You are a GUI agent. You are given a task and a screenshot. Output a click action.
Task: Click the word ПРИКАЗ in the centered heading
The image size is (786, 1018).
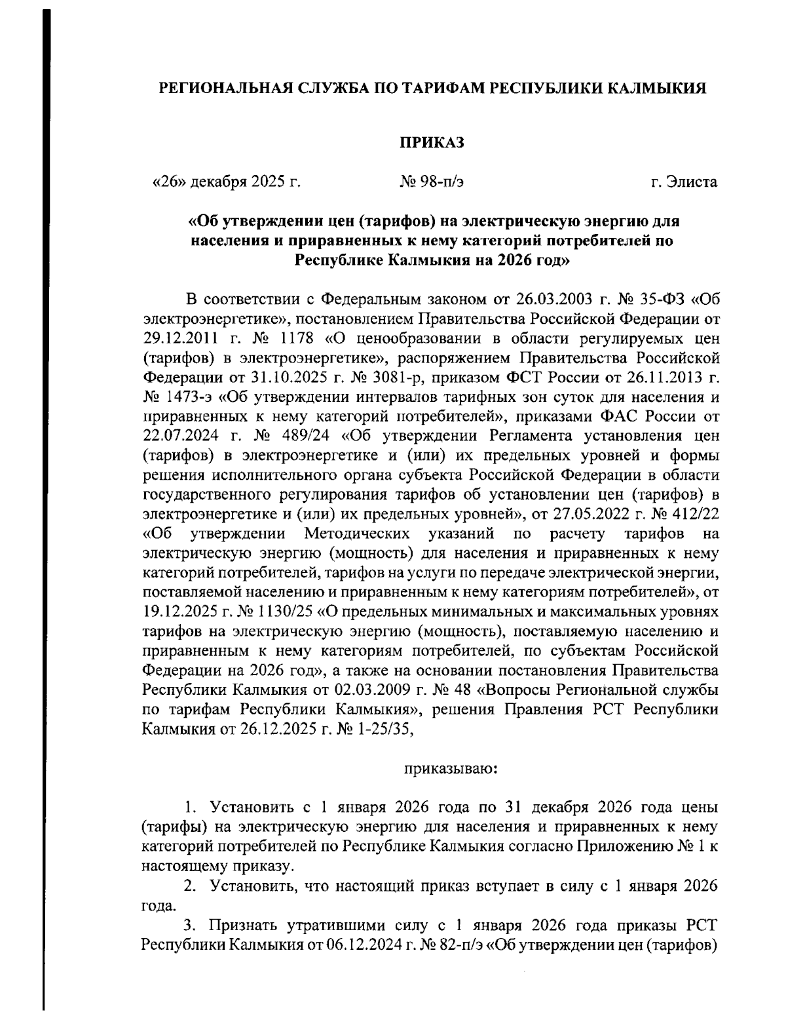pos(432,142)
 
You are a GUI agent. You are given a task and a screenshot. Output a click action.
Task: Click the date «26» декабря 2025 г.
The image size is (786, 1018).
pos(226,182)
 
